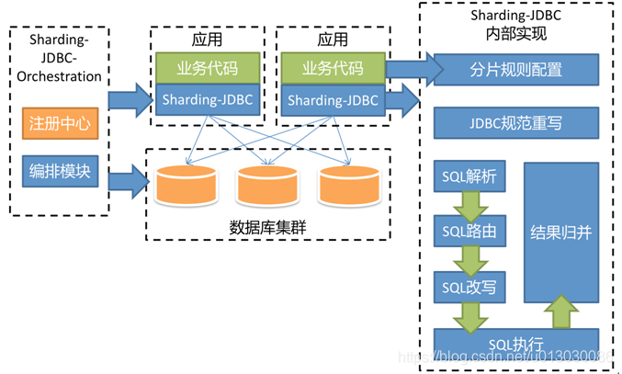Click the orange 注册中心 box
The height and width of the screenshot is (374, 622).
(x=60, y=124)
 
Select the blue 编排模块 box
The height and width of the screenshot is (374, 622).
(x=60, y=170)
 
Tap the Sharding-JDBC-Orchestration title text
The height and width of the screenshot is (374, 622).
(x=60, y=59)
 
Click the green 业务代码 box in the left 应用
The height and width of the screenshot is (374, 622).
(x=207, y=67)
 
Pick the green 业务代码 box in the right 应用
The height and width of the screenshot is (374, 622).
(x=332, y=67)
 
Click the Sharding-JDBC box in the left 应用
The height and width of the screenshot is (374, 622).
(x=207, y=99)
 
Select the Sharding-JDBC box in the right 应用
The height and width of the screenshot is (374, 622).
(x=332, y=99)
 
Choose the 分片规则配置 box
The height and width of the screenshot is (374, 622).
(x=515, y=69)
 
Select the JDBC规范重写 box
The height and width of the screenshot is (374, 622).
(x=515, y=123)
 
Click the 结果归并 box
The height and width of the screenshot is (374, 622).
(x=560, y=232)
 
